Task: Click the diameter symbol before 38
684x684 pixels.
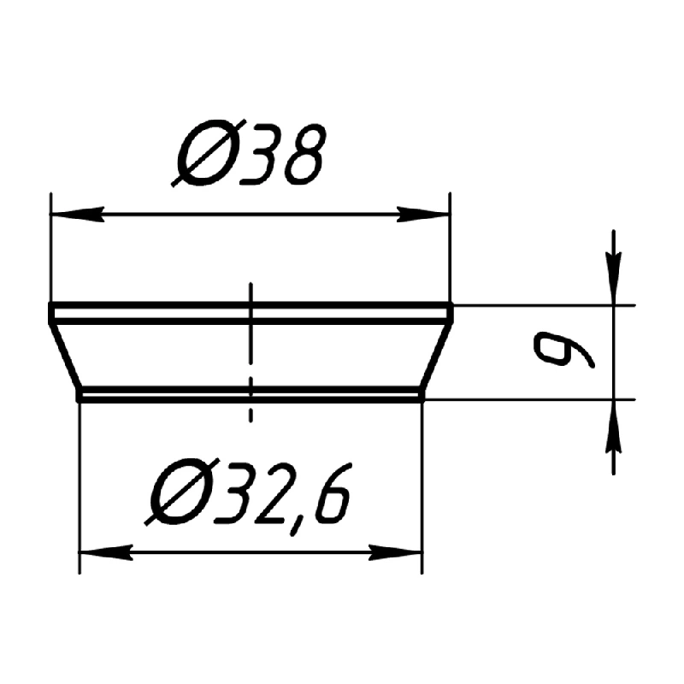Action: click(209, 153)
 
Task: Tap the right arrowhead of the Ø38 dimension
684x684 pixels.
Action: click(422, 215)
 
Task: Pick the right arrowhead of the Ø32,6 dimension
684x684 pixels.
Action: click(396, 552)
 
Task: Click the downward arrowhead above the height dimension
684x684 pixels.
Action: click(613, 280)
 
